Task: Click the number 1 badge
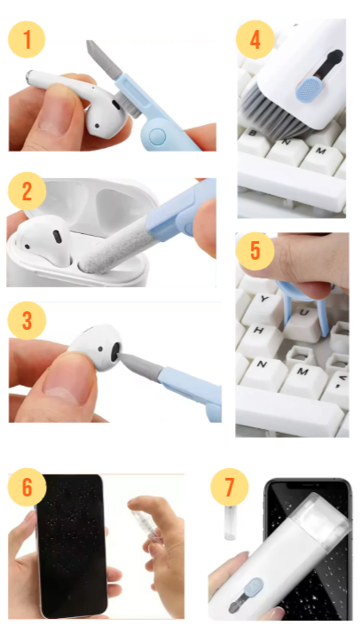pos(27,39)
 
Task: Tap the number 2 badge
pos(27,192)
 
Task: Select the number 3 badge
pos(27,321)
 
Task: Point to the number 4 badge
pos(255,40)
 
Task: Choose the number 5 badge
pos(255,251)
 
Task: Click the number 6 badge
pos(27,488)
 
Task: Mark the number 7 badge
pos(230,487)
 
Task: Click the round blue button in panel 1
pos(156,136)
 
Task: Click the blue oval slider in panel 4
pos(307,88)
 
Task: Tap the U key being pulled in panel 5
pos(303,319)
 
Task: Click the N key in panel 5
pos(262,368)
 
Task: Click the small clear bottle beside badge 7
pos(231,522)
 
